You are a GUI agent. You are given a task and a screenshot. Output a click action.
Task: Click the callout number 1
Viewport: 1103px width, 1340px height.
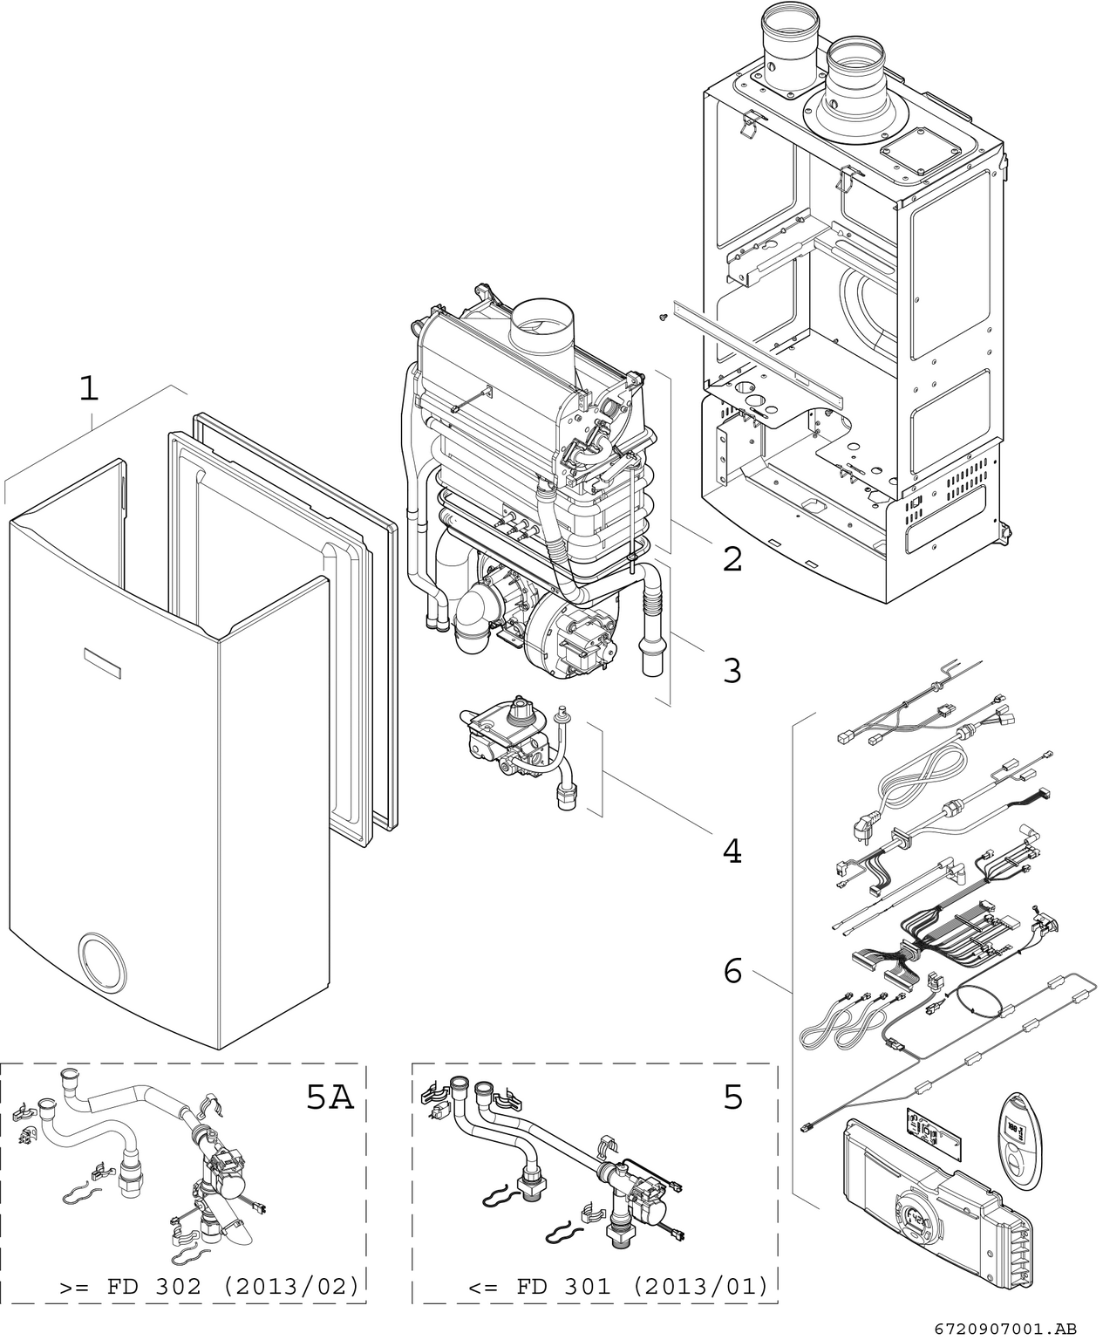point(88,388)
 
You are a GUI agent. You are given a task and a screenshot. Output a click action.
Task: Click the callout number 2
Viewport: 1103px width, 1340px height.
point(732,559)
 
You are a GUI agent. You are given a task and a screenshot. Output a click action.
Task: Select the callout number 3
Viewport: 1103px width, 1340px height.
point(732,671)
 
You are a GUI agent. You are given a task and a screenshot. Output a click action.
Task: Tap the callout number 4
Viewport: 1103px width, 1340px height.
point(732,850)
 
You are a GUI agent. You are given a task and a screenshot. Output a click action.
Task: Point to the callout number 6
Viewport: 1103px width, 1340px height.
point(732,969)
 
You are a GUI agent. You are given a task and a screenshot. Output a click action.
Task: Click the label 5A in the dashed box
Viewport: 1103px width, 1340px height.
point(330,1097)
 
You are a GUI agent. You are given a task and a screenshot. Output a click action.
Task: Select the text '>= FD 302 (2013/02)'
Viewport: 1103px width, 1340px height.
point(209,1287)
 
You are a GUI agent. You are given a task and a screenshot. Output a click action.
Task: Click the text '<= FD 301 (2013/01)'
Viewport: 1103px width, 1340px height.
point(618,1287)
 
